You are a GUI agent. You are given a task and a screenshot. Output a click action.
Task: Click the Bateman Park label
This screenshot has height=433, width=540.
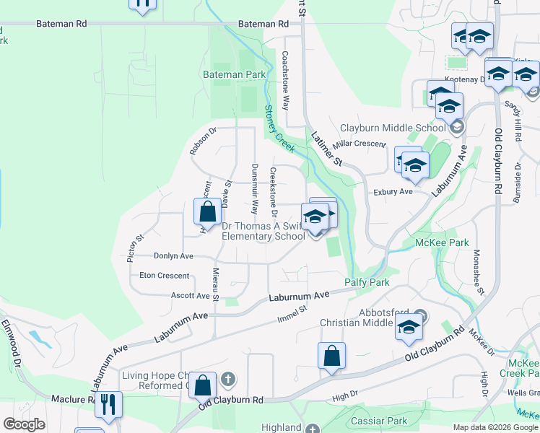click(x=234, y=74)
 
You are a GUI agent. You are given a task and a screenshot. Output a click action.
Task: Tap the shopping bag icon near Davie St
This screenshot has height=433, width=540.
click(x=207, y=212)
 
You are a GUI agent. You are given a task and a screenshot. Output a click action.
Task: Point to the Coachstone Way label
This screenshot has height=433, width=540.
click(x=286, y=79)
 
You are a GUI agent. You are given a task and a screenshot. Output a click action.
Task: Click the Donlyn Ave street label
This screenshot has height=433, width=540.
click(x=173, y=255)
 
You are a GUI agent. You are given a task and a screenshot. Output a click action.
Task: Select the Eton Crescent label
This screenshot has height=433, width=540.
click(x=164, y=276)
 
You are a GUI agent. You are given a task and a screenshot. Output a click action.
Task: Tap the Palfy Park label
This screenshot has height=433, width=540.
click(x=367, y=282)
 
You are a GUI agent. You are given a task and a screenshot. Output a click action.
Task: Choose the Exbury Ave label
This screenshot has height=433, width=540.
click(x=393, y=192)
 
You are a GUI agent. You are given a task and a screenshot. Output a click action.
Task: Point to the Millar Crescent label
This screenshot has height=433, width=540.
click(x=359, y=144)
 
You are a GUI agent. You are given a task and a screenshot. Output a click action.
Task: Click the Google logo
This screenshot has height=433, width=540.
click(x=24, y=424)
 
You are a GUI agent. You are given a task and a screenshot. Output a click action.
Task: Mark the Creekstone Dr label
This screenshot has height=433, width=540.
click(x=274, y=191)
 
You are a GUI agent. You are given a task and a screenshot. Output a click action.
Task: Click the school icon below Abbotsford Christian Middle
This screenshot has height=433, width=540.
click(x=409, y=328)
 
